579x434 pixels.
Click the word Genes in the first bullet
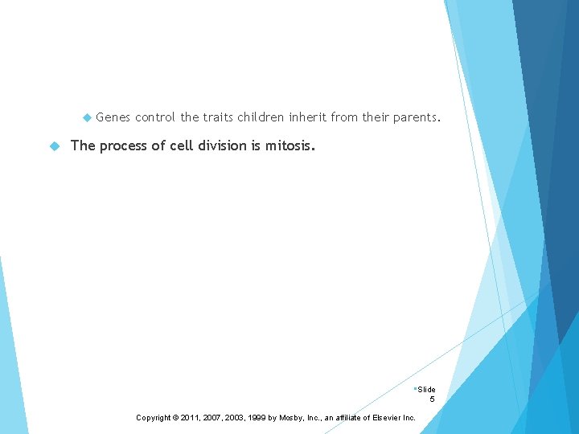[113, 117]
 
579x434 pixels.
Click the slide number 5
[432, 399]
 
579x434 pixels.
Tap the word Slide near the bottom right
[426, 390]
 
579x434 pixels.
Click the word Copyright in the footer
[154, 418]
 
